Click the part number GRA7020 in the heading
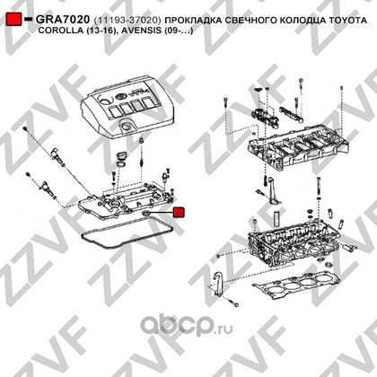tap(63, 20)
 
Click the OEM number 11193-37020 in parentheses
tap(127, 20)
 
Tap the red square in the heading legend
tap(13, 19)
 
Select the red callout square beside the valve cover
tap(179, 212)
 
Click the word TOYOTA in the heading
tap(347, 20)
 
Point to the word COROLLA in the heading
tap(58, 31)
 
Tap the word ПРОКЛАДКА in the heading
tap(194, 20)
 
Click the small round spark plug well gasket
tap(145, 214)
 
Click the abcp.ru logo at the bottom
tap(187, 324)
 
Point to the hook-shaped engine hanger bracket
tap(219, 285)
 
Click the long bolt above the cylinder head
tap(319, 188)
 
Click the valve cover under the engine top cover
tap(127, 201)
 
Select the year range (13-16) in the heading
tap(101, 31)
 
